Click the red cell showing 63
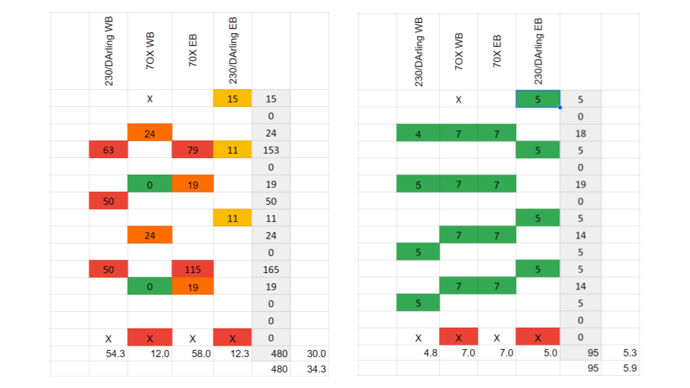(108, 150)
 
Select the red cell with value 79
(193, 150)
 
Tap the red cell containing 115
(193, 269)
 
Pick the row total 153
(271, 150)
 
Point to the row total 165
(271, 269)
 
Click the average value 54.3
(115, 354)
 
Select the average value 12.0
(157, 354)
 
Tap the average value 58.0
(201, 354)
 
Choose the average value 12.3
(241, 354)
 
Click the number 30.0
(316, 354)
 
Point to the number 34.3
(316, 368)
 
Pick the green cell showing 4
(418, 133)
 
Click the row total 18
(579, 133)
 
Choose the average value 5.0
(551, 354)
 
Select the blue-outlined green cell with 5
(538, 99)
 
